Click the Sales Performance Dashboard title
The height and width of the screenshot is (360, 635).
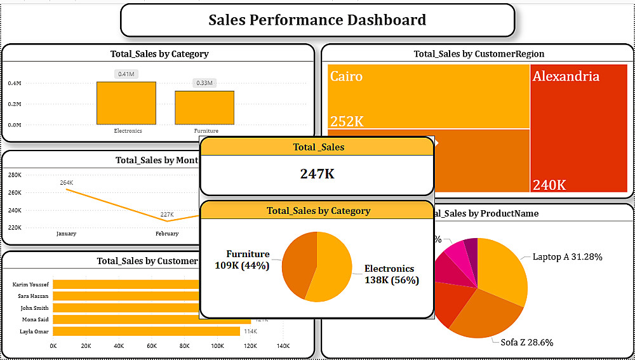(317, 20)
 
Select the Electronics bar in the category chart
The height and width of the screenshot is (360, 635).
(126, 103)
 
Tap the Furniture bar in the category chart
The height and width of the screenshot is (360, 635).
(204, 107)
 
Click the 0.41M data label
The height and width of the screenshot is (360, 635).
(126, 74)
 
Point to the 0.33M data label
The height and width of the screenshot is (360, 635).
(204, 83)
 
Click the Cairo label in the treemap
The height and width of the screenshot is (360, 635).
(347, 77)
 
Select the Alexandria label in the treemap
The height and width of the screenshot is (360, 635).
(566, 77)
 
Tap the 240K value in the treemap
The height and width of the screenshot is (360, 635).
(549, 185)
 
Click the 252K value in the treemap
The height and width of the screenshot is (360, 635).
(347, 121)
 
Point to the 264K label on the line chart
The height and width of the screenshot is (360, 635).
(67, 183)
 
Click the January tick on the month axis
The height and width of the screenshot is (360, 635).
(66, 234)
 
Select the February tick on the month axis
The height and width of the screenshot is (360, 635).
(167, 234)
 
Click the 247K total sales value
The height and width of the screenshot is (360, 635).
(317, 173)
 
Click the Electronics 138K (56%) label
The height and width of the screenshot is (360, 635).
(391, 274)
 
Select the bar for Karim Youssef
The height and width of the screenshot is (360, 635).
(127, 284)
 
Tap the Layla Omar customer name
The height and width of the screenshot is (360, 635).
(30, 331)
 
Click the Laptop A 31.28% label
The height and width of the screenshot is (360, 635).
(567, 257)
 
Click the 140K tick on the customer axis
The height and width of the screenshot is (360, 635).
(283, 346)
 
